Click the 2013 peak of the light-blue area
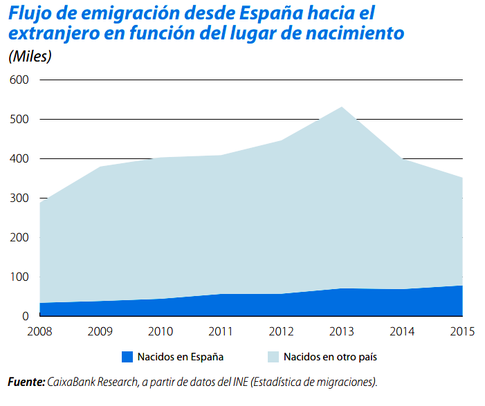[x=341, y=107]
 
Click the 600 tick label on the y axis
[x=19, y=80]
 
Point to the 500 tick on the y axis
[x=19, y=120]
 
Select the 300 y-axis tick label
[x=19, y=199]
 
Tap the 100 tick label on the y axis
[x=19, y=277]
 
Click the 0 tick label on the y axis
[x=25, y=317]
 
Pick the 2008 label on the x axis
[x=40, y=331]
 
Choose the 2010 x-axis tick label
[x=161, y=331]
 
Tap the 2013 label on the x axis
[x=341, y=331]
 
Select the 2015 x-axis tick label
[x=461, y=331]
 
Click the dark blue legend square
[x=127, y=358]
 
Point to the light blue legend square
[x=273, y=358]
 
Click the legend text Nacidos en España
[x=180, y=358]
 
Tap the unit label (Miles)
[x=30, y=57]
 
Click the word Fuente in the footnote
[x=26, y=382]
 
